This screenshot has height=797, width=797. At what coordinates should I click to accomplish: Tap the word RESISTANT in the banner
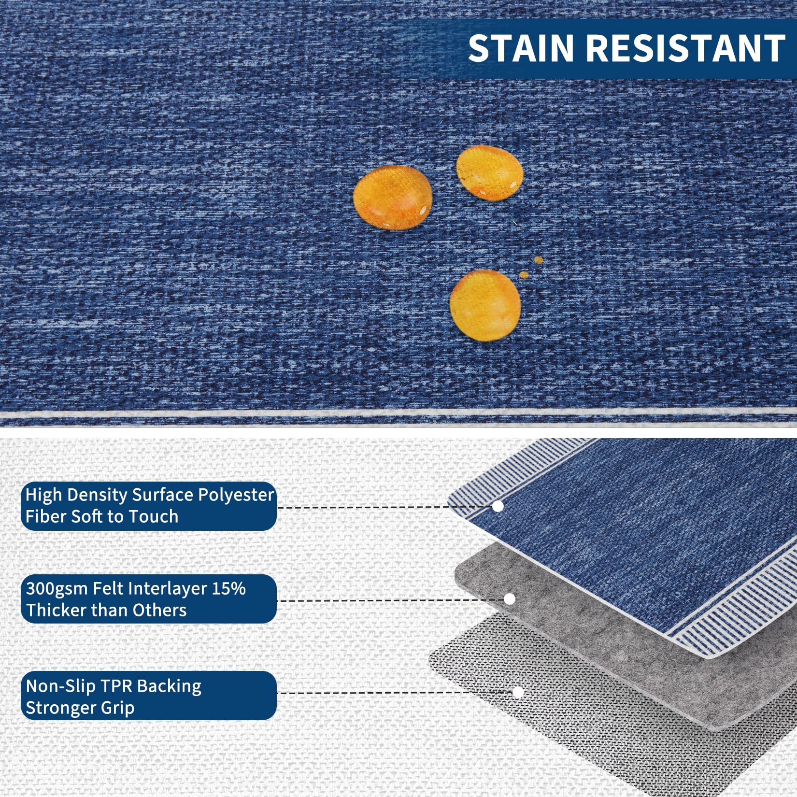click(x=686, y=48)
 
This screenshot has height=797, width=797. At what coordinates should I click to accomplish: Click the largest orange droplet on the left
click(x=392, y=198)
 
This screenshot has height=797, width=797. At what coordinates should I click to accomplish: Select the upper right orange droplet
click(x=489, y=172)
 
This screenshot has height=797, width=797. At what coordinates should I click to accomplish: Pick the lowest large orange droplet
click(x=485, y=305)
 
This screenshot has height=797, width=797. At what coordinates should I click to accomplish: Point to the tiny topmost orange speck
click(x=539, y=260)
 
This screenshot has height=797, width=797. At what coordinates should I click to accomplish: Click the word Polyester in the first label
click(x=236, y=495)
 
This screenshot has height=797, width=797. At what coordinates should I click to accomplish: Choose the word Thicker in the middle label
click(x=56, y=610)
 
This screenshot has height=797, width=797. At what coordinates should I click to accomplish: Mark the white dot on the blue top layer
click(x=498, y=506)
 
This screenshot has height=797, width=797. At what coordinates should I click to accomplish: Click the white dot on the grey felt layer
click(x=510, y=599)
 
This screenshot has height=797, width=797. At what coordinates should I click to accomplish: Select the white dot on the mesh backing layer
click(x=518, y=692)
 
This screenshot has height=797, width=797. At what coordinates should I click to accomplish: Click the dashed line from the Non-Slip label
click(x=394, y=693)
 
